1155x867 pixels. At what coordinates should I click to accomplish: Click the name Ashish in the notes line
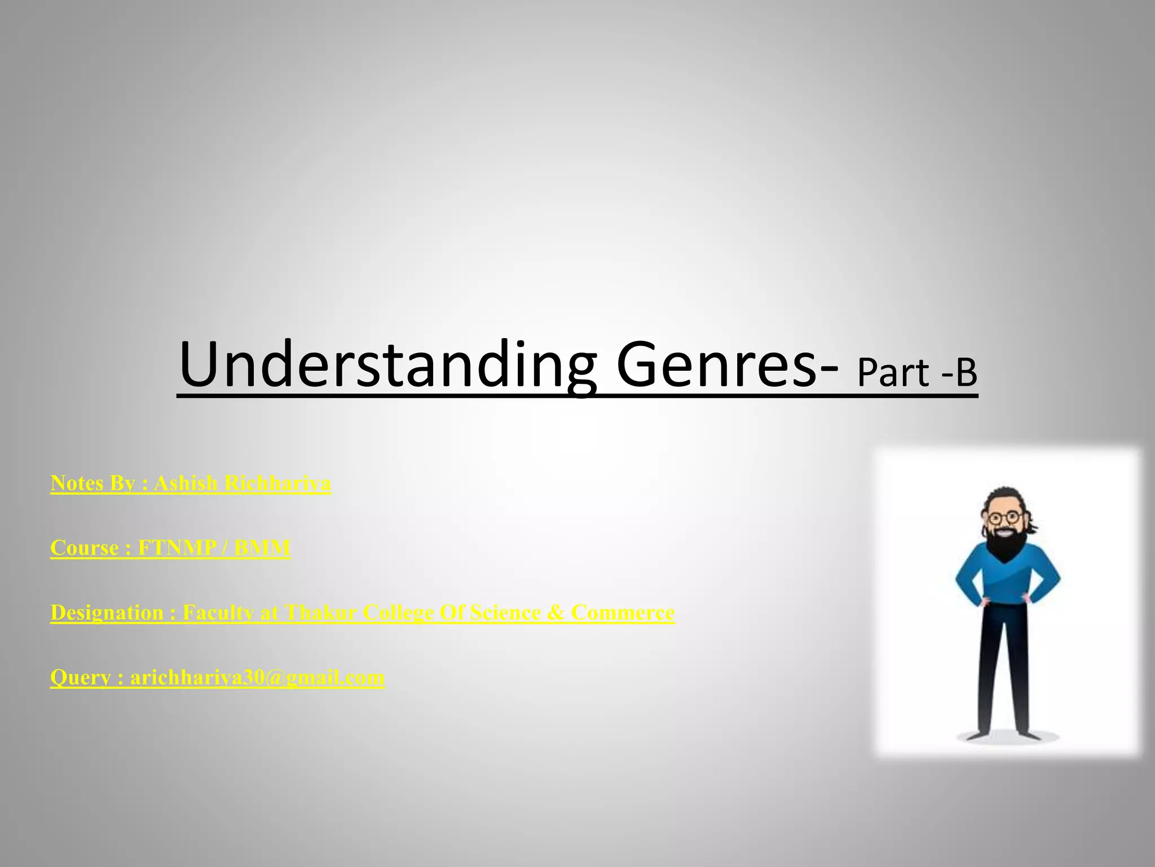pyautogui.click(x=186, y=483)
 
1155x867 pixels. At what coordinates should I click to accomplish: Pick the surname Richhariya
pyautogui.click(x=277, y=483)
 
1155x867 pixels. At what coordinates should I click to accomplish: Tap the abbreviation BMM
pyautogui.click(x=262, y=548)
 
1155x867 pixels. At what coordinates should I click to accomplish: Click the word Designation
pyautogui.click(x=107, y=613)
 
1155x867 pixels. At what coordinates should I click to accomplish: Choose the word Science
pyautogui.click(x=505, y=613)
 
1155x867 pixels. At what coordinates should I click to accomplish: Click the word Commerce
pyautogui.click(x=623, y=613)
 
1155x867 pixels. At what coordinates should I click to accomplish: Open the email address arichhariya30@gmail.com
pyautogui.click(x=257, y=677)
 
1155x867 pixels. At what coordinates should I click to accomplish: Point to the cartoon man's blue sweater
pyautogui.click(x=1007, y=581)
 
